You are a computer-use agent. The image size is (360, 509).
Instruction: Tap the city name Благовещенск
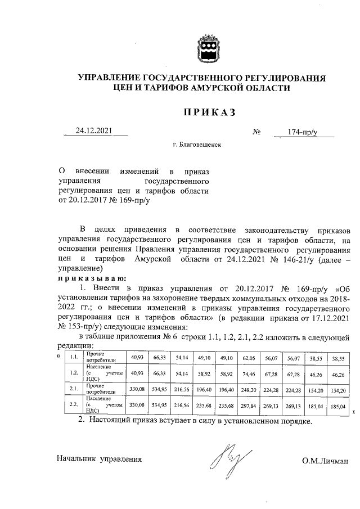(197, 145)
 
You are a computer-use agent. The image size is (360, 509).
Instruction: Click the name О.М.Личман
(325, 461)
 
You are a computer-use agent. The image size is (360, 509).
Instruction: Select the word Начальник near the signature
(76, 459)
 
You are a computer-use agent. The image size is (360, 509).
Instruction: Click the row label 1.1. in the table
(73, 357)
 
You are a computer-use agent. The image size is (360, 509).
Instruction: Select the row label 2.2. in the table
(73, 404)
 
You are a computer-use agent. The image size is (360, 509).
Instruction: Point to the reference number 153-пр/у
(80, 326)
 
